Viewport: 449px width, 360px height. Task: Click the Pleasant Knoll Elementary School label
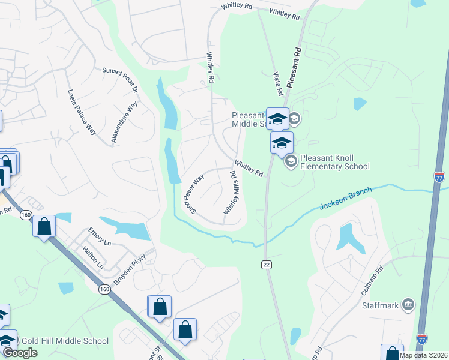335,162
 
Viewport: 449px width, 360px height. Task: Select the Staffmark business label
381,305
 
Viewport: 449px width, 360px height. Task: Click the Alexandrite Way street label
124,122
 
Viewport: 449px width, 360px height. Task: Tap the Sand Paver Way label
194,194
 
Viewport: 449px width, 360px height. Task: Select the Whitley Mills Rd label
231,192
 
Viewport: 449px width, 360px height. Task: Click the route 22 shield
265,265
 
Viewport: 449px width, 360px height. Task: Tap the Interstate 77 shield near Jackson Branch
440,177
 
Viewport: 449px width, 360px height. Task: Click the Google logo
20,353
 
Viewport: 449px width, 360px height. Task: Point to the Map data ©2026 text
423,355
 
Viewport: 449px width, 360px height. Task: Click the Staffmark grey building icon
409,305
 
